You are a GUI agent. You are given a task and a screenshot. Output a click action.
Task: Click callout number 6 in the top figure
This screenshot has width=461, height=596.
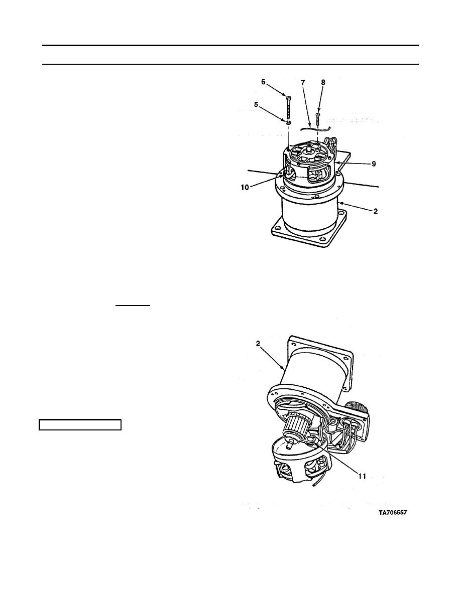click(x=263, y=82)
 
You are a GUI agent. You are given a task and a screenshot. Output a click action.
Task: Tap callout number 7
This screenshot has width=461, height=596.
click(x=303, y=82)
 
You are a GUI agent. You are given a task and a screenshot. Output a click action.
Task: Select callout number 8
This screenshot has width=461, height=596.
click(x=323, y=82)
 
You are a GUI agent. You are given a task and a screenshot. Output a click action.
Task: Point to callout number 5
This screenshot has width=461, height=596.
click(x=256, y=104)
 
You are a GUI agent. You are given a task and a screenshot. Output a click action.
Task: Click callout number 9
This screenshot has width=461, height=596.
click(x=374, y=164)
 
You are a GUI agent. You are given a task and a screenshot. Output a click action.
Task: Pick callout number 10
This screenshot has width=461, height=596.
click(x=245, y=187)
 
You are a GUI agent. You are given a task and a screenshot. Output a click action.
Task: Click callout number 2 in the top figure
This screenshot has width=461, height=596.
click(x=376, y=211)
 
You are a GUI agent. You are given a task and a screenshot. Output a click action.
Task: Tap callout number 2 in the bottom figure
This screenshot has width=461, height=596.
click(x=258, y=343)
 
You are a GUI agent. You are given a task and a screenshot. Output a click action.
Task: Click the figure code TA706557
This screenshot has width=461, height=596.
click(x=393, y=512)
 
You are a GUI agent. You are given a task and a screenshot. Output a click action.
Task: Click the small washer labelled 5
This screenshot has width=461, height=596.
click(x=289, y=123)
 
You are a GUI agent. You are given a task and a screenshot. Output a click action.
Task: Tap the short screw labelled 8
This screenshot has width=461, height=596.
click(x=317, y=120)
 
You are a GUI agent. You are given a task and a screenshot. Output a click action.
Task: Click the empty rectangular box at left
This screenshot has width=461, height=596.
click(x=80, y=424)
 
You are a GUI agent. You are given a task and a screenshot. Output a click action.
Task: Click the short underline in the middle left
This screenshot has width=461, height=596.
click(x=133, y=305)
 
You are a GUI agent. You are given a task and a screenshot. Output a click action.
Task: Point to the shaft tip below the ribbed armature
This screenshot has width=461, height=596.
click(x=291, y=443)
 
